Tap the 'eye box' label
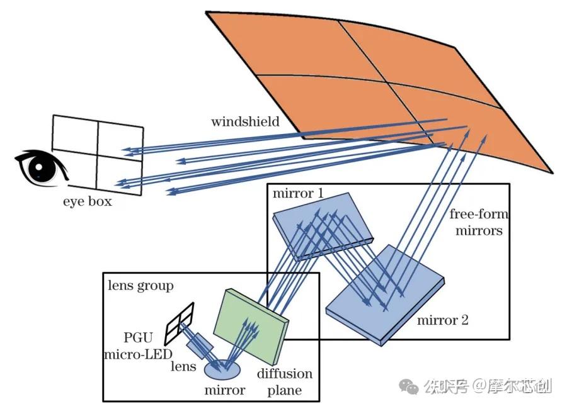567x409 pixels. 87,202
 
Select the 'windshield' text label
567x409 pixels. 244,121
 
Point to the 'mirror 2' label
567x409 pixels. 442,320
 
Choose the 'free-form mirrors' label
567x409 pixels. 479,222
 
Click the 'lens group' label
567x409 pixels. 140,286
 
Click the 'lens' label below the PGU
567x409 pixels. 185,367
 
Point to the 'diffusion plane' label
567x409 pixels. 284,382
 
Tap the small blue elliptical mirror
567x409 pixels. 224,368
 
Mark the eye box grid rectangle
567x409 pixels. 98,152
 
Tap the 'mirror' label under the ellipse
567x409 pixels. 225,390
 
